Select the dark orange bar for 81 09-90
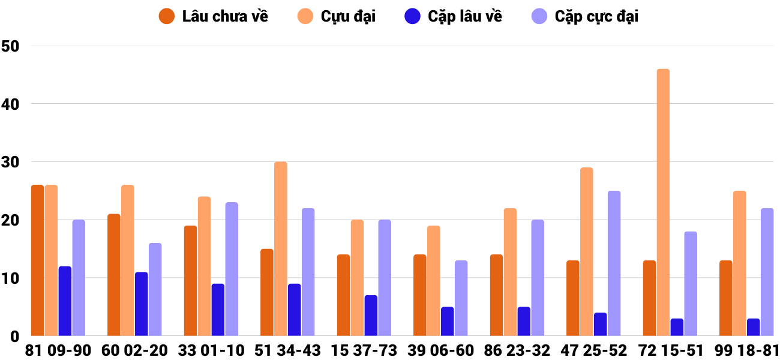37,260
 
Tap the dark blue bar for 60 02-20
142,304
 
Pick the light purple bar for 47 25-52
614,263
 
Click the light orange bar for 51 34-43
281,249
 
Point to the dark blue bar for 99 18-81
753,327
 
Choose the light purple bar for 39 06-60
461,298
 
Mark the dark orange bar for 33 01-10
190,281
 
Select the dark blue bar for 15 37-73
371,316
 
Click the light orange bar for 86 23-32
510,272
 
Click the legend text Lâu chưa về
225,16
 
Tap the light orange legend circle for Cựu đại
305,16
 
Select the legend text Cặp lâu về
464,16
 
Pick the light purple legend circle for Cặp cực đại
540,16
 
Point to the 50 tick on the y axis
11,46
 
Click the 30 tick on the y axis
11,162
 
